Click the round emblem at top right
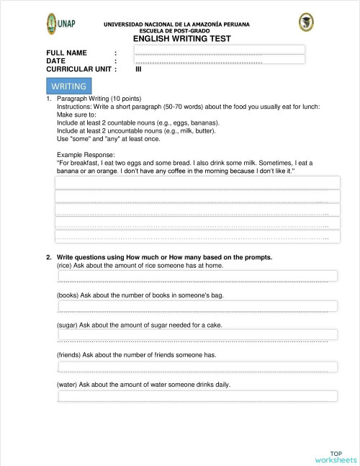(306, 22)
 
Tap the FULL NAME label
(66, 53)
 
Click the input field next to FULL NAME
(220, 50)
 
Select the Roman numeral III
(138, 69)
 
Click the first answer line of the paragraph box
(197, 182)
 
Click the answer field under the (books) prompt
(197, 306)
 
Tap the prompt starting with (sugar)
(139, 326)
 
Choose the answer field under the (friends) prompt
(197, 367)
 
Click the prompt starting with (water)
(143, 385)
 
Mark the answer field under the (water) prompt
(197, 396)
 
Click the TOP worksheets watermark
(336, 457)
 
